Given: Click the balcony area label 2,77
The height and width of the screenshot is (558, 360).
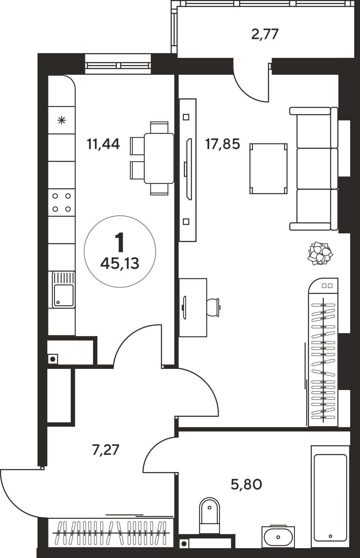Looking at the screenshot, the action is point(265,35).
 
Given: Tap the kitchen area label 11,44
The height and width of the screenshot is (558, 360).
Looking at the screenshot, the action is point(103,144).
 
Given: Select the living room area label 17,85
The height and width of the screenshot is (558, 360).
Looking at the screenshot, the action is point(223,144).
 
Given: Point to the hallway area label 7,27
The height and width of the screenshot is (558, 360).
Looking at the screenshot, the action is point(106,450).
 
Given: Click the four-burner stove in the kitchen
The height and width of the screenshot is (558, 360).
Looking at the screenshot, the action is point(61,202).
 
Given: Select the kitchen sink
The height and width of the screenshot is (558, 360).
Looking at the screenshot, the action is point(63,290).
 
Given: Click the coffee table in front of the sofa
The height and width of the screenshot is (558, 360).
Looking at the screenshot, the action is point(269,169).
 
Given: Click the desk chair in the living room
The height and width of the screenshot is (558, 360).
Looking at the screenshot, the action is point(214,307).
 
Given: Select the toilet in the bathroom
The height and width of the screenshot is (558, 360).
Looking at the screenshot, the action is point(209,516).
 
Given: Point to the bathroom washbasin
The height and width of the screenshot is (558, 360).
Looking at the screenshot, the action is point(278,536).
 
